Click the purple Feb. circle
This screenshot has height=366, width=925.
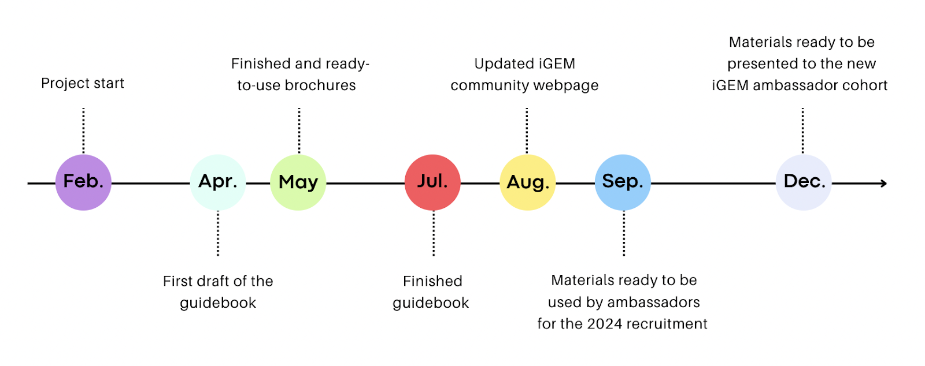pyautogui.click(x=83, y=182)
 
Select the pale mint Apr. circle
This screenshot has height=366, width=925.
pyautogui.click(x=218, y=182)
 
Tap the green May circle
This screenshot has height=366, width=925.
pyautogui.click(x=298, y=182)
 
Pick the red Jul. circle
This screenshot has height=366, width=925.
pyautogui.click(x=432, y=182)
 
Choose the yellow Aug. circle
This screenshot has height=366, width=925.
pyautogui.click(x=527, y=182)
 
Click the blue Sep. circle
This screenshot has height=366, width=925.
pyautogui.click(x=623, y=182)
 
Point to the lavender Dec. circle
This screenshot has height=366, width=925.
pyautogui.click(x=804, y=182)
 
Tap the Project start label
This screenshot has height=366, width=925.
pyautogui.click(x=83, y=83)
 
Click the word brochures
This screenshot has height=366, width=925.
pyautogui.click(x=324, y=85)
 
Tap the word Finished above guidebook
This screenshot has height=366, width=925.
pyautogui.click(x=432, y=281)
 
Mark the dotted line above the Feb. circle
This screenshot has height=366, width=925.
pyautogui.click(x=83, y=130)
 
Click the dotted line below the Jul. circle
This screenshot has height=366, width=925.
pyautogui.click(x=434, y=234)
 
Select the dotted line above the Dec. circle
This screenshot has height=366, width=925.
pyautogui.click(x=802, y=130)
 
